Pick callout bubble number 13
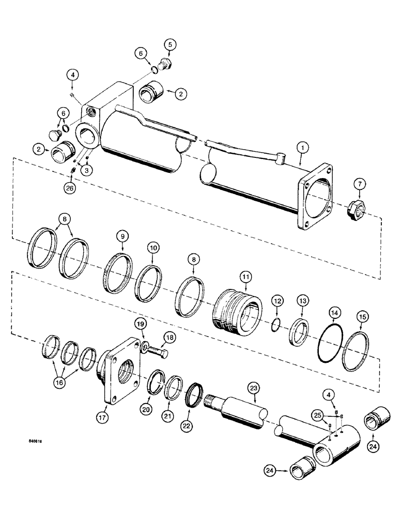[302, 300]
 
